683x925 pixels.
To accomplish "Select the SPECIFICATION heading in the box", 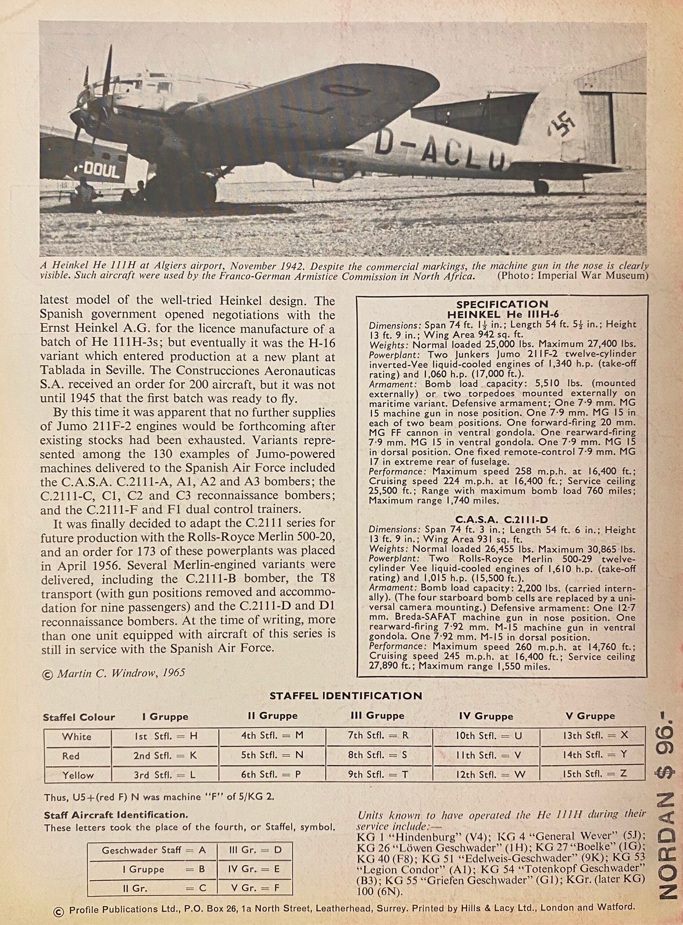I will [502, 304].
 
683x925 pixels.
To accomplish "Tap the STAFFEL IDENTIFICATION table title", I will [346, 696].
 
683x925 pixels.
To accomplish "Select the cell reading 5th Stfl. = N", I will [272, 755].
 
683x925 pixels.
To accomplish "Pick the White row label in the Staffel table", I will [77, 736].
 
